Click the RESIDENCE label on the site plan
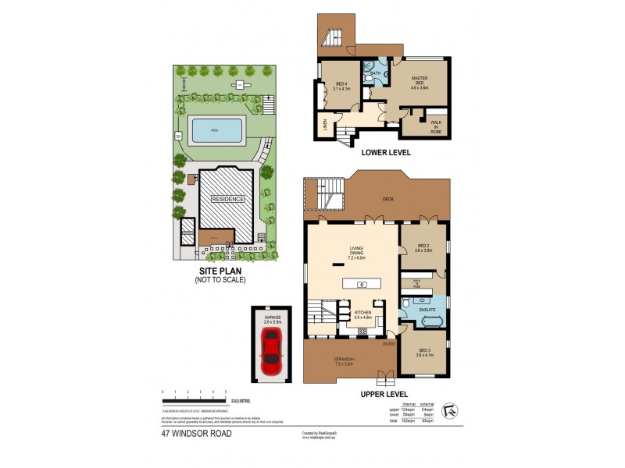tap(227, 199)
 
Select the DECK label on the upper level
tap(387, 199)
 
